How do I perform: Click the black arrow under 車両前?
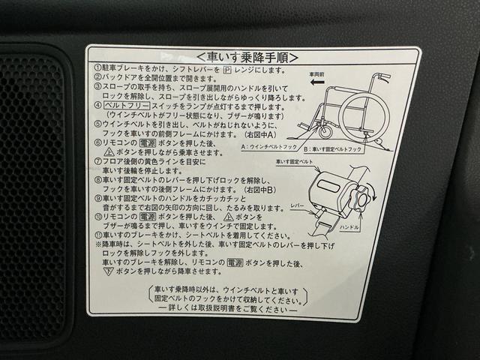click(x=319, y=85)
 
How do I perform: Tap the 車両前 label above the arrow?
click(x=319, y=75)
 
